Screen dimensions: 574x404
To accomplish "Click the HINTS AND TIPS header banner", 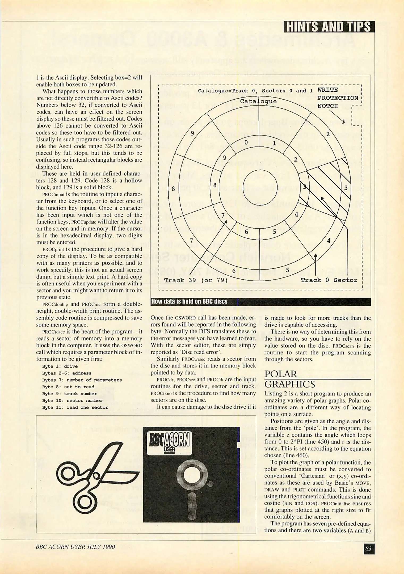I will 329,27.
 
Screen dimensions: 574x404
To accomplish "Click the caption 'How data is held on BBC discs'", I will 189,302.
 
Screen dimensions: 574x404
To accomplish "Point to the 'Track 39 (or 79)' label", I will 196,280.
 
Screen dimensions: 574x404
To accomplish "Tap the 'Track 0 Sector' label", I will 329,280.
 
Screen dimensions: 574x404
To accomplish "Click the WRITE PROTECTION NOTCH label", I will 338,98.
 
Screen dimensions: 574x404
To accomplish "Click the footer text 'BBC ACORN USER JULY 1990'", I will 75,547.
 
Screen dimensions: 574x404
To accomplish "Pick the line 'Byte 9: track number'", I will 69,394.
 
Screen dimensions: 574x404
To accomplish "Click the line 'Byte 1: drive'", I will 60,366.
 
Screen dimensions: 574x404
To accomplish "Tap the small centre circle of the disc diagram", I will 260,187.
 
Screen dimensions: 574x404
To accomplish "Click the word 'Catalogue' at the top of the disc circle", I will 258,101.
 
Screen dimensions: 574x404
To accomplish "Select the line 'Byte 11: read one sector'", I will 75,407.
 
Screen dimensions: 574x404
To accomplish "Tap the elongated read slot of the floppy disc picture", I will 192,506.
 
